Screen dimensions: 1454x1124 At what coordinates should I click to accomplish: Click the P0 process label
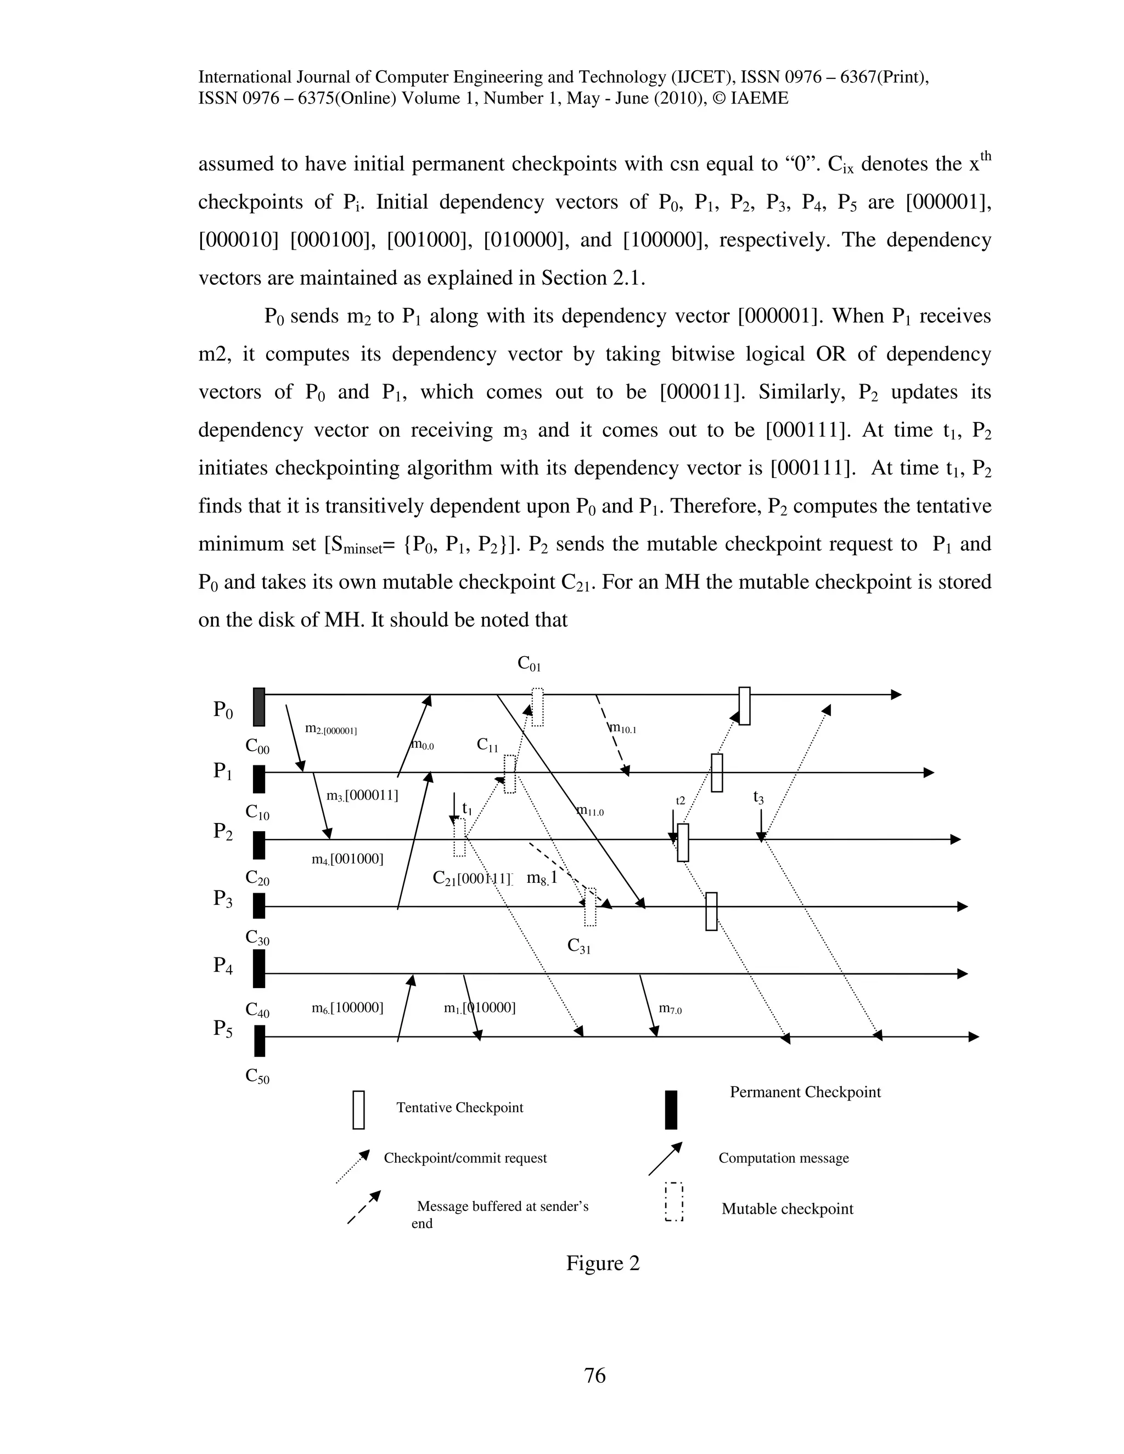[223, 711]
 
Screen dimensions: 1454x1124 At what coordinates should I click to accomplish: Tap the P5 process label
[223, 1029]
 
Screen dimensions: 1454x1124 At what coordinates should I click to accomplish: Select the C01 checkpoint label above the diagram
[530, 664]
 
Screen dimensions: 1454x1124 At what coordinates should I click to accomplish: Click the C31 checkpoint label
[578, 946]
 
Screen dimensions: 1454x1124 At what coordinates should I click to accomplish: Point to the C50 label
[257, 1076]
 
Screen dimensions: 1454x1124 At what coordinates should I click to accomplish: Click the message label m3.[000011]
[362, 796]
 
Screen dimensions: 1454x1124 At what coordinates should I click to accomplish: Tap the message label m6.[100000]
[347, 1008]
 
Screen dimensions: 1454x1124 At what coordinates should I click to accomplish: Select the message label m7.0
[670, 1009]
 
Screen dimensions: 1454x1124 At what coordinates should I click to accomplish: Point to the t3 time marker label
[758, 797]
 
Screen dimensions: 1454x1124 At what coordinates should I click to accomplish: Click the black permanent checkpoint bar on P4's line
[259, 968]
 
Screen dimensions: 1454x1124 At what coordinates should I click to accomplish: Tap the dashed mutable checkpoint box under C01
[537, 707]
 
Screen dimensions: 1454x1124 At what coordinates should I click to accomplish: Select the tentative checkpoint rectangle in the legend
[358, 1110]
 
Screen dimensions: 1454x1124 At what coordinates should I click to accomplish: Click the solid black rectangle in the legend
[671, 1110]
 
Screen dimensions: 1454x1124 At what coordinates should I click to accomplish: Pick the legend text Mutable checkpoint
[787, 1209]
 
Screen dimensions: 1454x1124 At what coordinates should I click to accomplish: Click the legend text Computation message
[783, 1158]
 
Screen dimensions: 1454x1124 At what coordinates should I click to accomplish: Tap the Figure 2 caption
[603, 1263]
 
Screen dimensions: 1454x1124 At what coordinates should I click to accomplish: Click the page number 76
[594, 1376]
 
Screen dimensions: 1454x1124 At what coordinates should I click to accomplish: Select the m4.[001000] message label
[347, 859]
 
